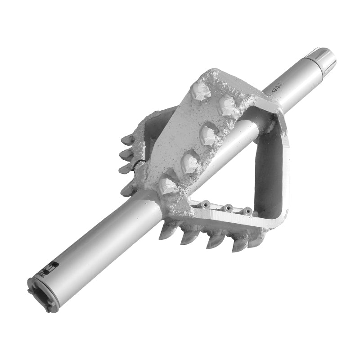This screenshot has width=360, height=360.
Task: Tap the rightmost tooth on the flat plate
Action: [x=226, y=106]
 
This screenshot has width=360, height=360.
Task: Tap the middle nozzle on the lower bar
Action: [x=228, y=208]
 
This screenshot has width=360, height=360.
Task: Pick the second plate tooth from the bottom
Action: [x=189, y=162]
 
